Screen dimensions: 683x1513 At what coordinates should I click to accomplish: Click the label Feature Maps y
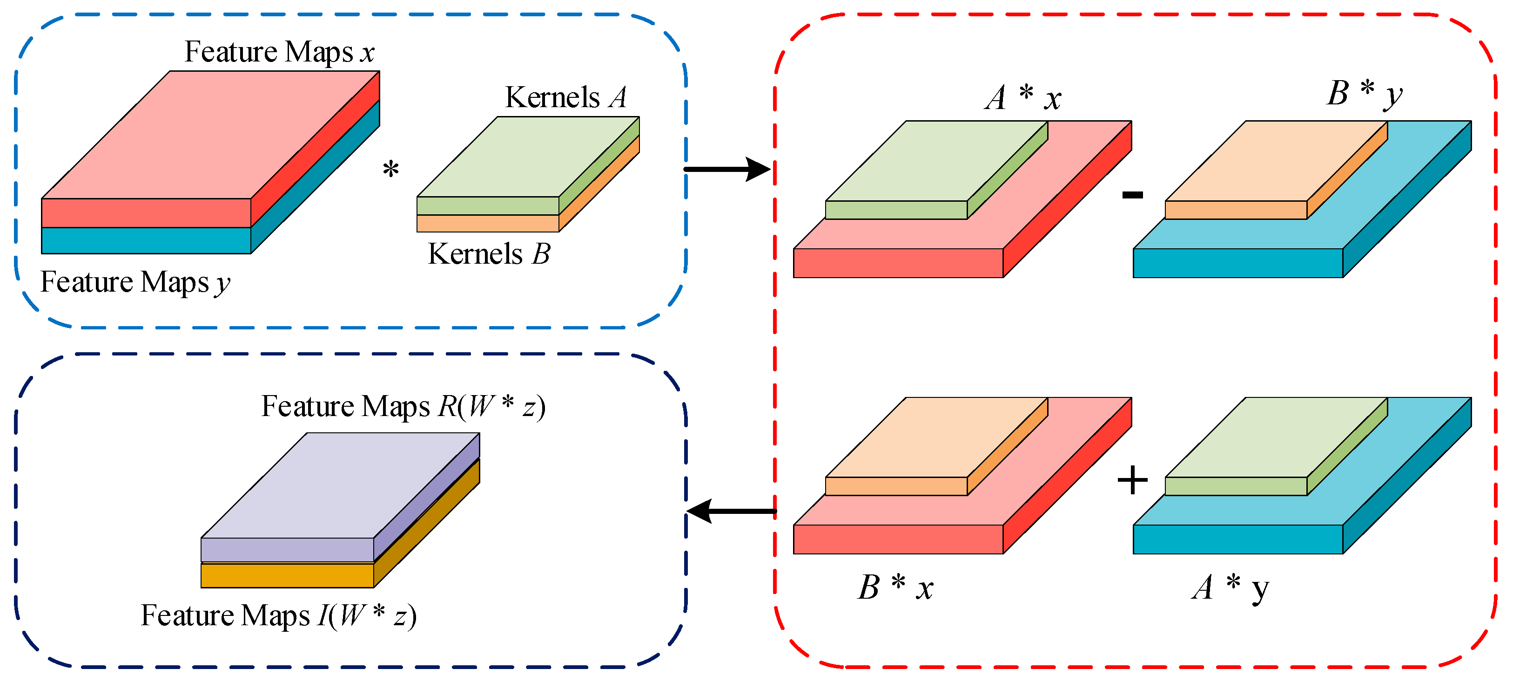pos(135,282)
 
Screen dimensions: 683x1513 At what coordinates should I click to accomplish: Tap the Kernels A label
pos(565,97)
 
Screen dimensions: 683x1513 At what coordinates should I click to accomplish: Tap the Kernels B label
pos(489,254)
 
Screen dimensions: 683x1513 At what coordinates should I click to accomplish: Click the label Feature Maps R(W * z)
pos(403,406)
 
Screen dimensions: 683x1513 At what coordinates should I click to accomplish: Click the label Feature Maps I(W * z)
pos(278,615)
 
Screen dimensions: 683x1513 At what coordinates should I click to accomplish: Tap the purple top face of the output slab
pos(341,485)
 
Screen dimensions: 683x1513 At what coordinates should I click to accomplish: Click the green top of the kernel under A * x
pos(937,160)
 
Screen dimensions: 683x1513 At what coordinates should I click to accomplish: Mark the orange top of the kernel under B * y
pos(1276,160)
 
